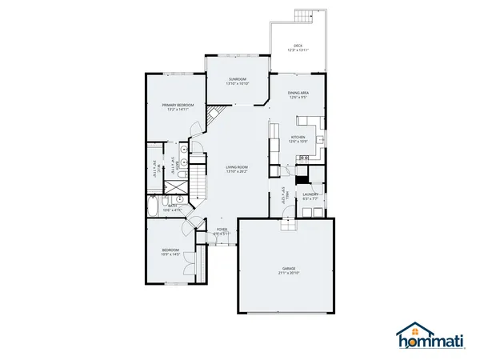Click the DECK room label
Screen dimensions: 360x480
click(298, 46)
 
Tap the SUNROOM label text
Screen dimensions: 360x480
click(237, 78)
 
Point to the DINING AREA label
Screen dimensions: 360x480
click(298, 94)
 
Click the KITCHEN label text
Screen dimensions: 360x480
click(298, 137)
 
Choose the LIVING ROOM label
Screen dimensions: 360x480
click(238, 166)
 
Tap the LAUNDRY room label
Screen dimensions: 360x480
click(311, 194)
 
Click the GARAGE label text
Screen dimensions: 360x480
click(288, 268)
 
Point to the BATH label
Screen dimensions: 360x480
click(173, 206)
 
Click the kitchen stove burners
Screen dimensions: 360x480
click(304, 158)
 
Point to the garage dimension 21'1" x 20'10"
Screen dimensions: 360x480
click(288, 273)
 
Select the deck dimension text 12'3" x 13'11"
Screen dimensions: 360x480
click(298, 50)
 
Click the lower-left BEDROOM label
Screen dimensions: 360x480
click(170, 250)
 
